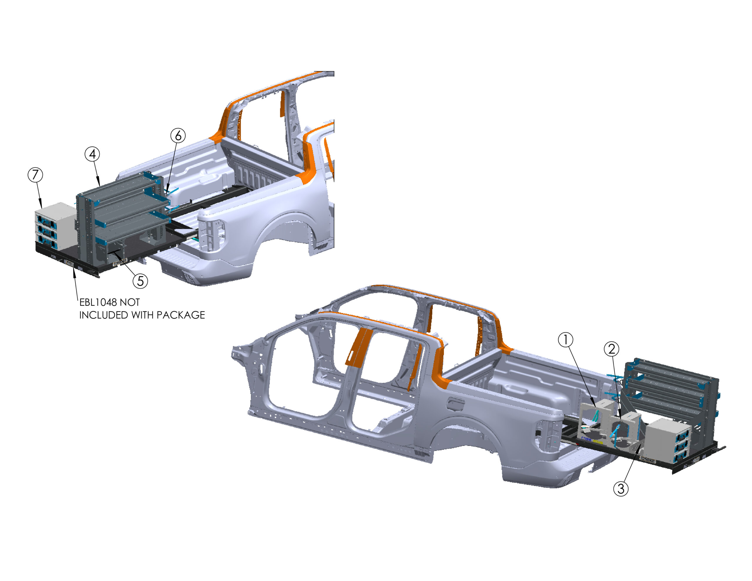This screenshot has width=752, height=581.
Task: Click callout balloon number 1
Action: (x=565, y=340)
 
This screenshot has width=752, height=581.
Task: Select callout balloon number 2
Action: (x=612, y=349)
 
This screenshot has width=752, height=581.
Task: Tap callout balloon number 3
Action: (x=621, y=489)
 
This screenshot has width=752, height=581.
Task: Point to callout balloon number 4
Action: (x=92, y=154)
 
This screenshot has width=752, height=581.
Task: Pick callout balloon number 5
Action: (x=140, y=281)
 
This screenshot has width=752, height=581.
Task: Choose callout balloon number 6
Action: (x=178, y=135)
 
